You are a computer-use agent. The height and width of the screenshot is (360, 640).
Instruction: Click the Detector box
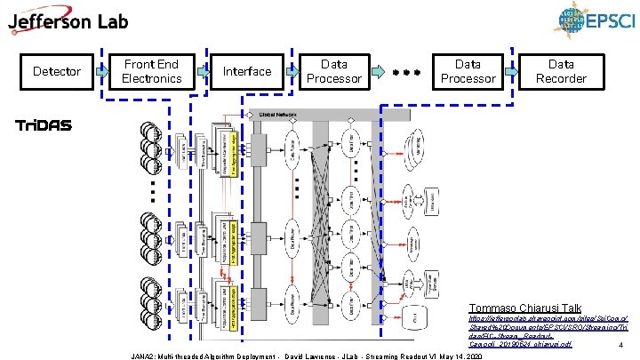click(x=56, y=70)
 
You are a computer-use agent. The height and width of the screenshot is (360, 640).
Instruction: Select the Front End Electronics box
click(x=151, y=71)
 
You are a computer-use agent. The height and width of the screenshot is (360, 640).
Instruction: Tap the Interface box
click(x=247, y=71)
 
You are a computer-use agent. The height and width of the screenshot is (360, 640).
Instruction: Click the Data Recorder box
click(x=561, y=71)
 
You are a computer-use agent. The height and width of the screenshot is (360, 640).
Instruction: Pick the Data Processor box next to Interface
click(x=334, y=71)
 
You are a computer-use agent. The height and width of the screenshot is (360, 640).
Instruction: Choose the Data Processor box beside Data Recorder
click(x=468, y=71)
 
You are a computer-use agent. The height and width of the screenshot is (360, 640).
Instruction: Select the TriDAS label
click(x=44, y=125)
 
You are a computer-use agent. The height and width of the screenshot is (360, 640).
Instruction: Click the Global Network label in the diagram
click(x=280, y=115)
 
